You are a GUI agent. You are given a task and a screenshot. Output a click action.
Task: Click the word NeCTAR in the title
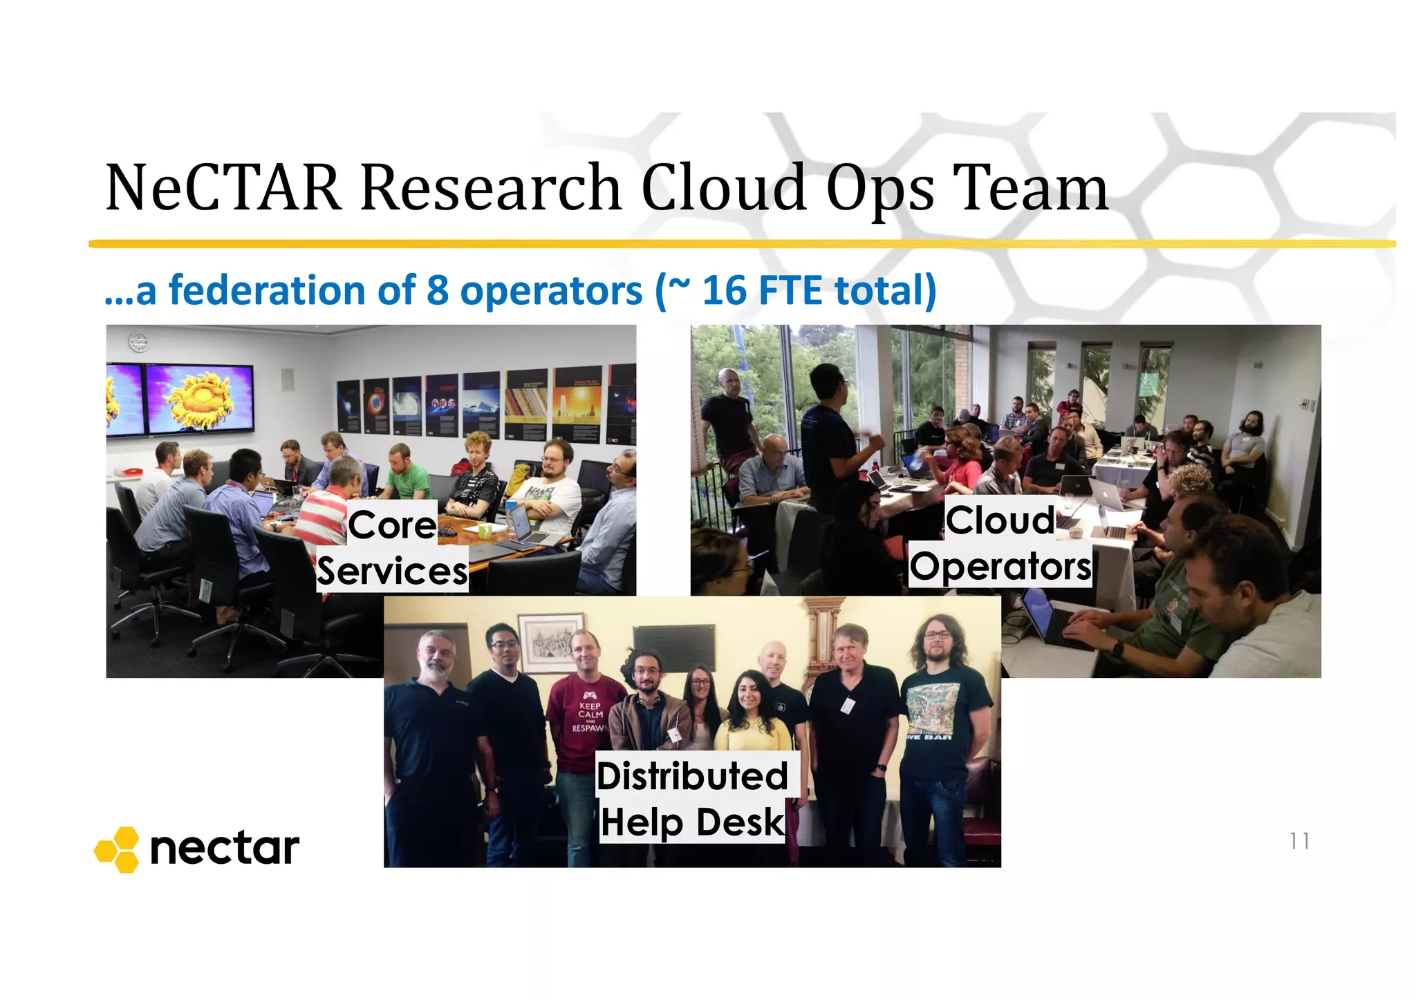pyautogui.click(x=223, y=187)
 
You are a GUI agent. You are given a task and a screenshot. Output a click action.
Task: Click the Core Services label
pyautogui.click(x=392, y=547)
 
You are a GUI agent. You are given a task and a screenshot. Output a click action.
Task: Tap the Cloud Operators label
pyautogui.click(x=1000, y=543)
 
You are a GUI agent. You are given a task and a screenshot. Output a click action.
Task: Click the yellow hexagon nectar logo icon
pyautogui.click(x=118, y=849)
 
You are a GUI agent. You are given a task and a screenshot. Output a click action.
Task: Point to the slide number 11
pyautogui.click(x=1299, y=841)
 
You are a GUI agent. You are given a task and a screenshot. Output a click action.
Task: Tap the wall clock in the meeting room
pyautogui.click(x=138, y=342)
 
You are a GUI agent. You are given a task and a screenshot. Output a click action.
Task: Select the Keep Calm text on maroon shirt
pyautogui.click(x=590, y=713)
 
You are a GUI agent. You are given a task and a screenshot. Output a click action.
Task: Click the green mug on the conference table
pyautogui.click(x=485, y=531)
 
